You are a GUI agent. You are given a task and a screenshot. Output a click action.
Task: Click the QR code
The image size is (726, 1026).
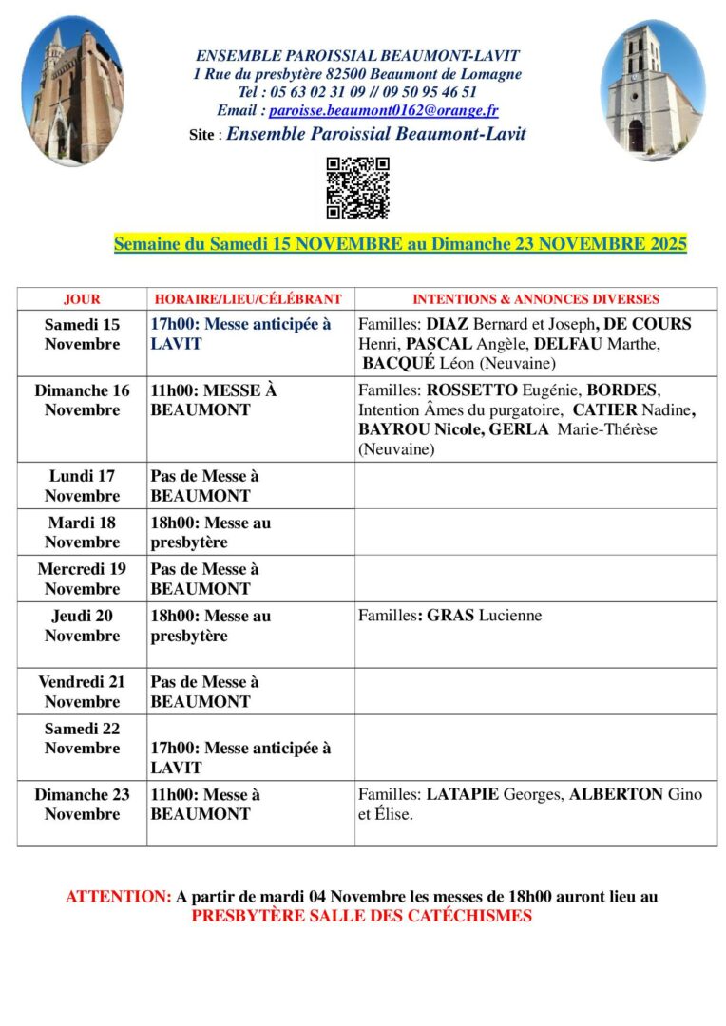[x=357, y=188]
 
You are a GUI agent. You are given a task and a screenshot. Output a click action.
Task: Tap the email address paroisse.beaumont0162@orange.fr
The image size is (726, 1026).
[x=383, y=110]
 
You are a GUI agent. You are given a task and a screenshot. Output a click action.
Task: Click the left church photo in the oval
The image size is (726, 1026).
[x=71, y=90]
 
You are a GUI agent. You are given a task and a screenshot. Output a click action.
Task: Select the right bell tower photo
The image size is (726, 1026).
[x=653, y=90]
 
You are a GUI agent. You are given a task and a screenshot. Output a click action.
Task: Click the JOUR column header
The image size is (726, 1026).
[x=82, y=299]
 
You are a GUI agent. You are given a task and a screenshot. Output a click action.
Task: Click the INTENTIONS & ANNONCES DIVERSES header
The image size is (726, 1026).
[x=536, y=299]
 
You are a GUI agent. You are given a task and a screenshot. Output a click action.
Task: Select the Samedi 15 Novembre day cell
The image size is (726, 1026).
[x=82, y=334]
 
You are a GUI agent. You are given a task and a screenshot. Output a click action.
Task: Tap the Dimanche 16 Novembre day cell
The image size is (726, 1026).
[x=82, y=400]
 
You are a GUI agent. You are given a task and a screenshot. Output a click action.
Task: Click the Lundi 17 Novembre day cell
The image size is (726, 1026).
[x=82, y=485]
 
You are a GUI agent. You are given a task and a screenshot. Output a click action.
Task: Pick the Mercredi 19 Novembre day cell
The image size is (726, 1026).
[x=82, y=579]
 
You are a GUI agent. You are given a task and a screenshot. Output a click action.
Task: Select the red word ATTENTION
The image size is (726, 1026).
[x=119, y=896]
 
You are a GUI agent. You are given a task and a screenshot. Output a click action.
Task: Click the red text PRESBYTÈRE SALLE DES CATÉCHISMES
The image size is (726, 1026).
[x=361, y=916]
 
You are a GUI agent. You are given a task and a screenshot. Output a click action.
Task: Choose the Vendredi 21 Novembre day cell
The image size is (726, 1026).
[x=82, y=692]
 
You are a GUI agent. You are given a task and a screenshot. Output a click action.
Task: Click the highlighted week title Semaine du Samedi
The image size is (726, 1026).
[x=400, y=244]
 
